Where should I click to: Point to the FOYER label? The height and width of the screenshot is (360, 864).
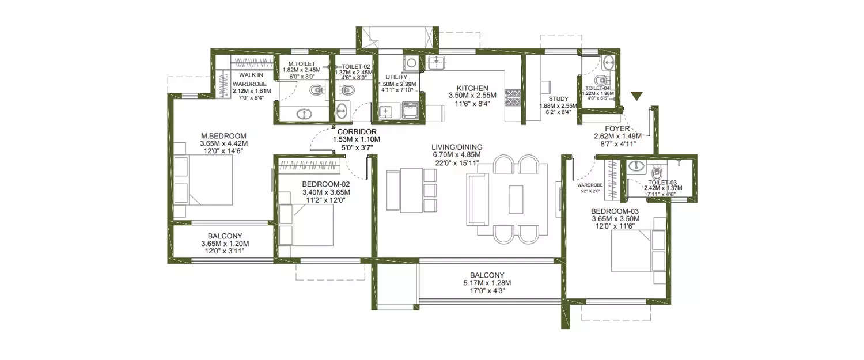[616, 129]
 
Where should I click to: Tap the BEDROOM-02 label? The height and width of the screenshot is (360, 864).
[326, 184]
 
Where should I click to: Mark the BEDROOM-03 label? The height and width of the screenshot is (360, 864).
[615, 211]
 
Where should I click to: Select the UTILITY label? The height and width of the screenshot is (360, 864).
[396, 77]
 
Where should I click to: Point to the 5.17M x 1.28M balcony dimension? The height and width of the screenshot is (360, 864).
[487, 283]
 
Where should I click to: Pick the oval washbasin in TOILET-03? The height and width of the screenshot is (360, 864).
[636, 167]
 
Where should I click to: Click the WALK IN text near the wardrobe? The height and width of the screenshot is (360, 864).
[251, 75]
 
